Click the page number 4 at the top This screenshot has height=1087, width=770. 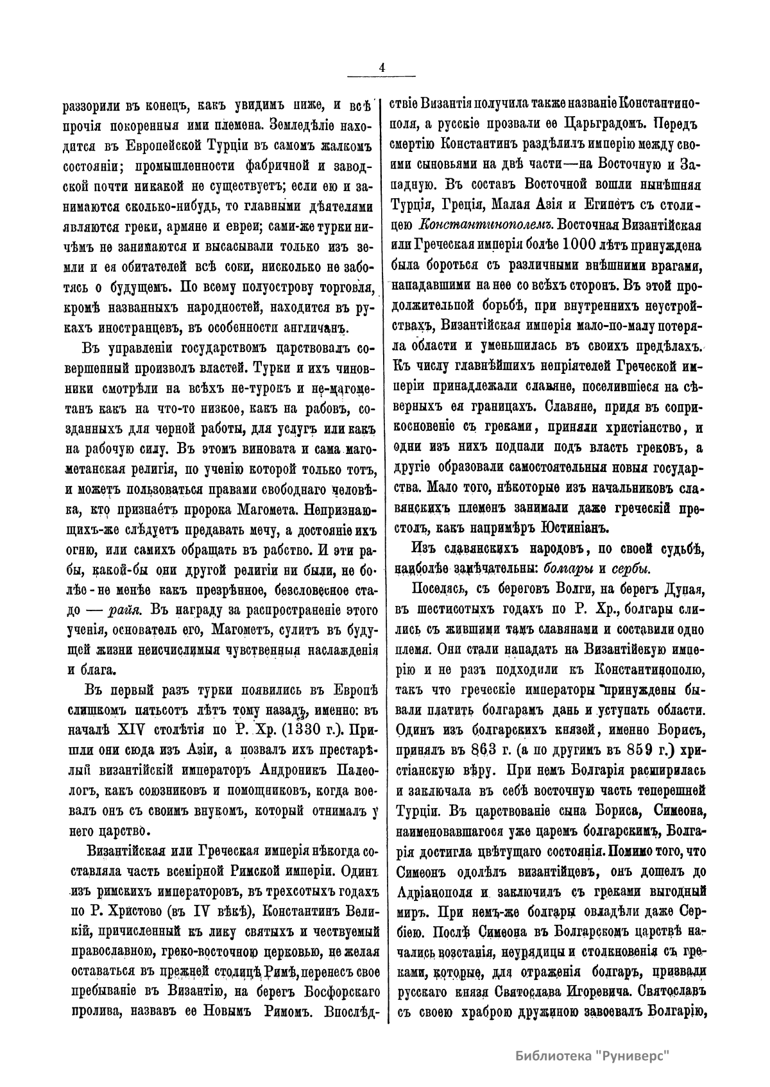[x=382, y=66]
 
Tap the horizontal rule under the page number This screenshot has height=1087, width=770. [x=382, y=78]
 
